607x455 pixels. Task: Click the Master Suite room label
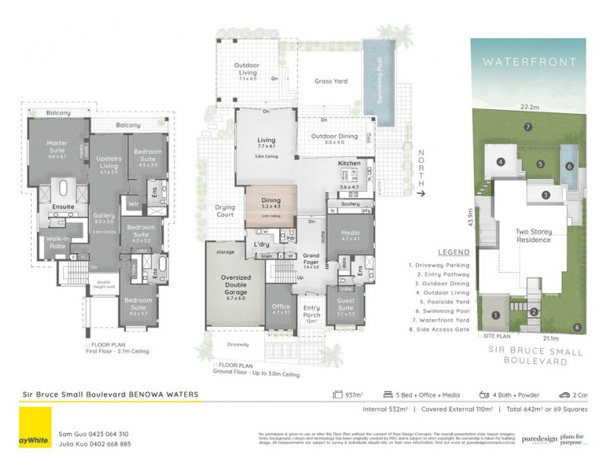pyautogui.click(x=57, y=146)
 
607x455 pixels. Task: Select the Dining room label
pyautogui.click(x=271, y=202)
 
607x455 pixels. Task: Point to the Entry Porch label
pyautogui.click(x=312, y=312)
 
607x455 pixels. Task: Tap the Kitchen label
pyautogui.click(x=349, y=164)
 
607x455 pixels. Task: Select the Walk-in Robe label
pyautogui.click(x=55, y=243)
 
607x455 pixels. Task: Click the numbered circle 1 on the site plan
pyautogui.click(x=495, y=315)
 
